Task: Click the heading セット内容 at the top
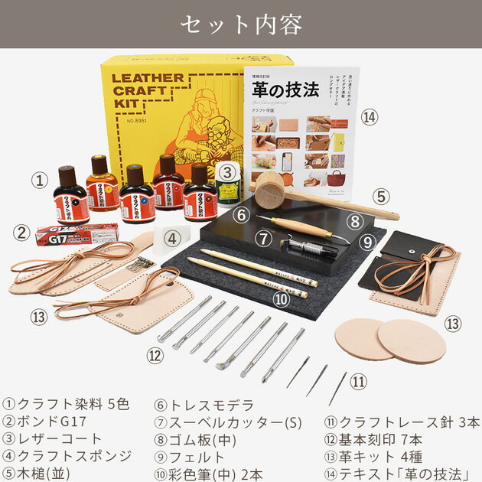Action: (241, 24)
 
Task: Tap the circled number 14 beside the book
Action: (370, 117)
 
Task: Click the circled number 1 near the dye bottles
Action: (41, 181)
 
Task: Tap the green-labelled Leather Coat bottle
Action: (227, 184)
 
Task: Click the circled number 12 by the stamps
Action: (155, 354)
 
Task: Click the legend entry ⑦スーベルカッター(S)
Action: (210, 422)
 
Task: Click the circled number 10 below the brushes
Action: (282, 299)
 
